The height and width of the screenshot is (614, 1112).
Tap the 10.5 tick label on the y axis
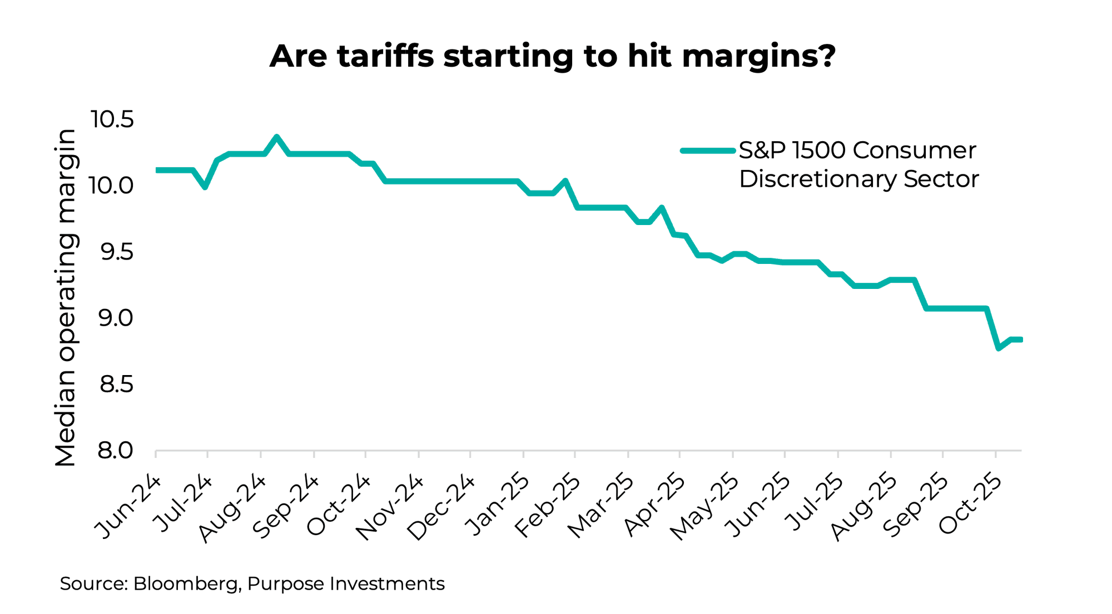coord(113,119)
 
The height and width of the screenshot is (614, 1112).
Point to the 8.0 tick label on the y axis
coord(116,450)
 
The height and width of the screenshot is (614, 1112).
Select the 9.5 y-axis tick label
coord(116,252)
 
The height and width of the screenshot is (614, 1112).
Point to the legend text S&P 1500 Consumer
coord(857,150)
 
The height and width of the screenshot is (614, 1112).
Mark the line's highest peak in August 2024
coord(276,137)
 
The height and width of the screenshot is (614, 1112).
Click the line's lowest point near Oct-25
coord(999,348)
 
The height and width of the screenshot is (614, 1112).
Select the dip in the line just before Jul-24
coord(205,187)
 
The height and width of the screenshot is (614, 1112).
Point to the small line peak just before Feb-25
coord(565,181)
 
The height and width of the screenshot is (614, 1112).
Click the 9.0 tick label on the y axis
coord(116,318)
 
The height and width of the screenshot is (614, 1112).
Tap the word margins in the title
coord(758,57)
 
